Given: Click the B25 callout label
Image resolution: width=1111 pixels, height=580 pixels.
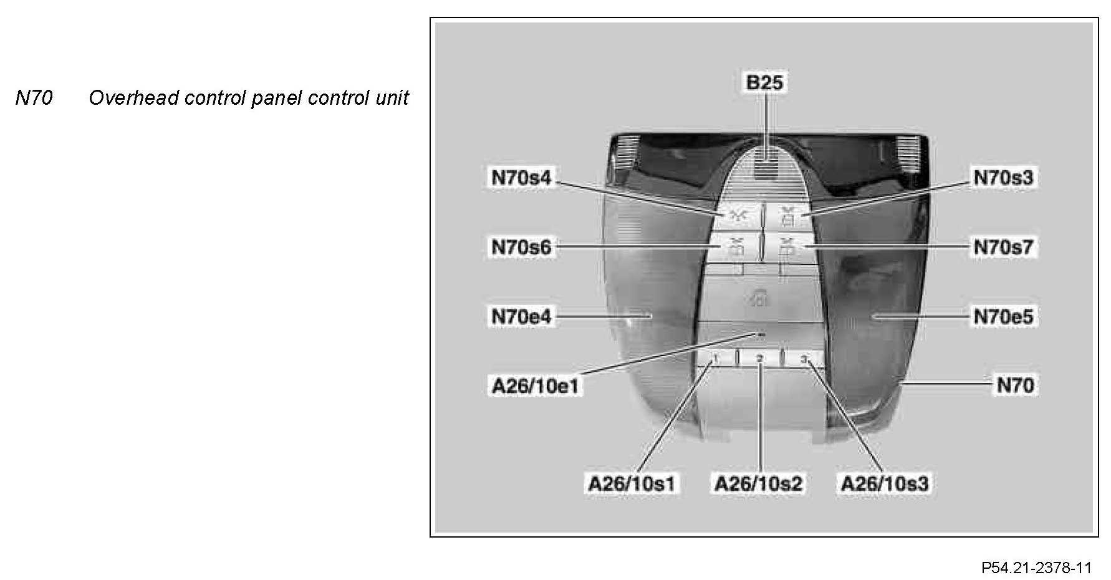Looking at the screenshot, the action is [x=764, y=82].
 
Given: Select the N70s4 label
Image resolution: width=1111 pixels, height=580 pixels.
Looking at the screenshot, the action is [x=521, y=178].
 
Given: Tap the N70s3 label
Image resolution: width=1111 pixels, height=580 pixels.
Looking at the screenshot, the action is [x=1003, y=178].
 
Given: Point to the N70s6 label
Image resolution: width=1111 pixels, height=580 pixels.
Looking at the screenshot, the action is [x=521, y=247].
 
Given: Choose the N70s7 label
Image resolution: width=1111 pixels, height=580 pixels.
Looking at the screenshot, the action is [x=1003, y=247].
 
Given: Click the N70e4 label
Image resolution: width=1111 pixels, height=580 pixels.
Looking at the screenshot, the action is [x=521, y=317].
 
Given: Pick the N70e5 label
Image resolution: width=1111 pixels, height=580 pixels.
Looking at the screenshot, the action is [x=1003, y=317].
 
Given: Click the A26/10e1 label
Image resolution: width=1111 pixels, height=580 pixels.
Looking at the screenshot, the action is [x=536, y=386].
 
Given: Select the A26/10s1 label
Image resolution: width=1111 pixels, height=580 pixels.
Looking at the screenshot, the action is [x=632, y=483].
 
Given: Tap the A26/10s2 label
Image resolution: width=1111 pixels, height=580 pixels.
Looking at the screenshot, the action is [x=758, y=483].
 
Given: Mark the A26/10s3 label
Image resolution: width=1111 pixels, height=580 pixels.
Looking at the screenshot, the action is [x=885, y=483].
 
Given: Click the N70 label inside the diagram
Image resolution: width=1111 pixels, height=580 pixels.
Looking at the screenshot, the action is [x=1015, y=385].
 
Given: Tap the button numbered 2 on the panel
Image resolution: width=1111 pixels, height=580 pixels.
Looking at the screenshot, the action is [x=759, y=358].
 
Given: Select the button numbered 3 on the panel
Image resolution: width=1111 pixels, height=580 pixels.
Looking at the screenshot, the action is [x=804, y=358].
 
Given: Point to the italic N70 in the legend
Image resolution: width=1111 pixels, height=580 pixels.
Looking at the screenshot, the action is [x=34, y=98].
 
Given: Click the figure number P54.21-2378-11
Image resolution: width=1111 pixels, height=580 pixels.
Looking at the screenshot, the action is [x=1036, y=568].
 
